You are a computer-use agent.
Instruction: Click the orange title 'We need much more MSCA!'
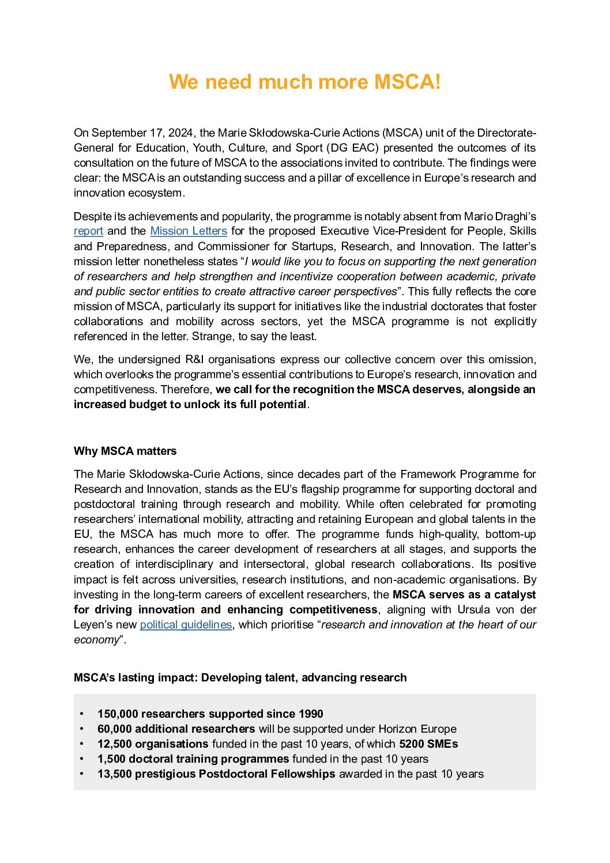[304, 82]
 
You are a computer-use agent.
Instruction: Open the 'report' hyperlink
[88, 231]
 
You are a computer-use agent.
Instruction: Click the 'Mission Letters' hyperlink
[189, 231]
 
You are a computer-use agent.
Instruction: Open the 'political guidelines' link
[186, 625]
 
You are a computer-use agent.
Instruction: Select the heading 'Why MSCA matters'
[125, 451]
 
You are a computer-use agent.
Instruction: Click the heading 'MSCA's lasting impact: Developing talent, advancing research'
[240, 678]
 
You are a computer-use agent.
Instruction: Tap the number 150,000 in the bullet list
[118, 714]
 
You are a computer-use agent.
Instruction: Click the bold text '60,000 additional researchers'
[176, 729]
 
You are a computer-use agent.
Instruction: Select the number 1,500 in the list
[111, 759]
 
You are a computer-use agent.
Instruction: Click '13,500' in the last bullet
[114, 774]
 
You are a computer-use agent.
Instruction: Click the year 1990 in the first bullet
[311, 714]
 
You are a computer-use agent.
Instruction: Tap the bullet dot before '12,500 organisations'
[82, 744]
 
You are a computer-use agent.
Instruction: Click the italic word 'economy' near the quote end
[96, 640]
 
